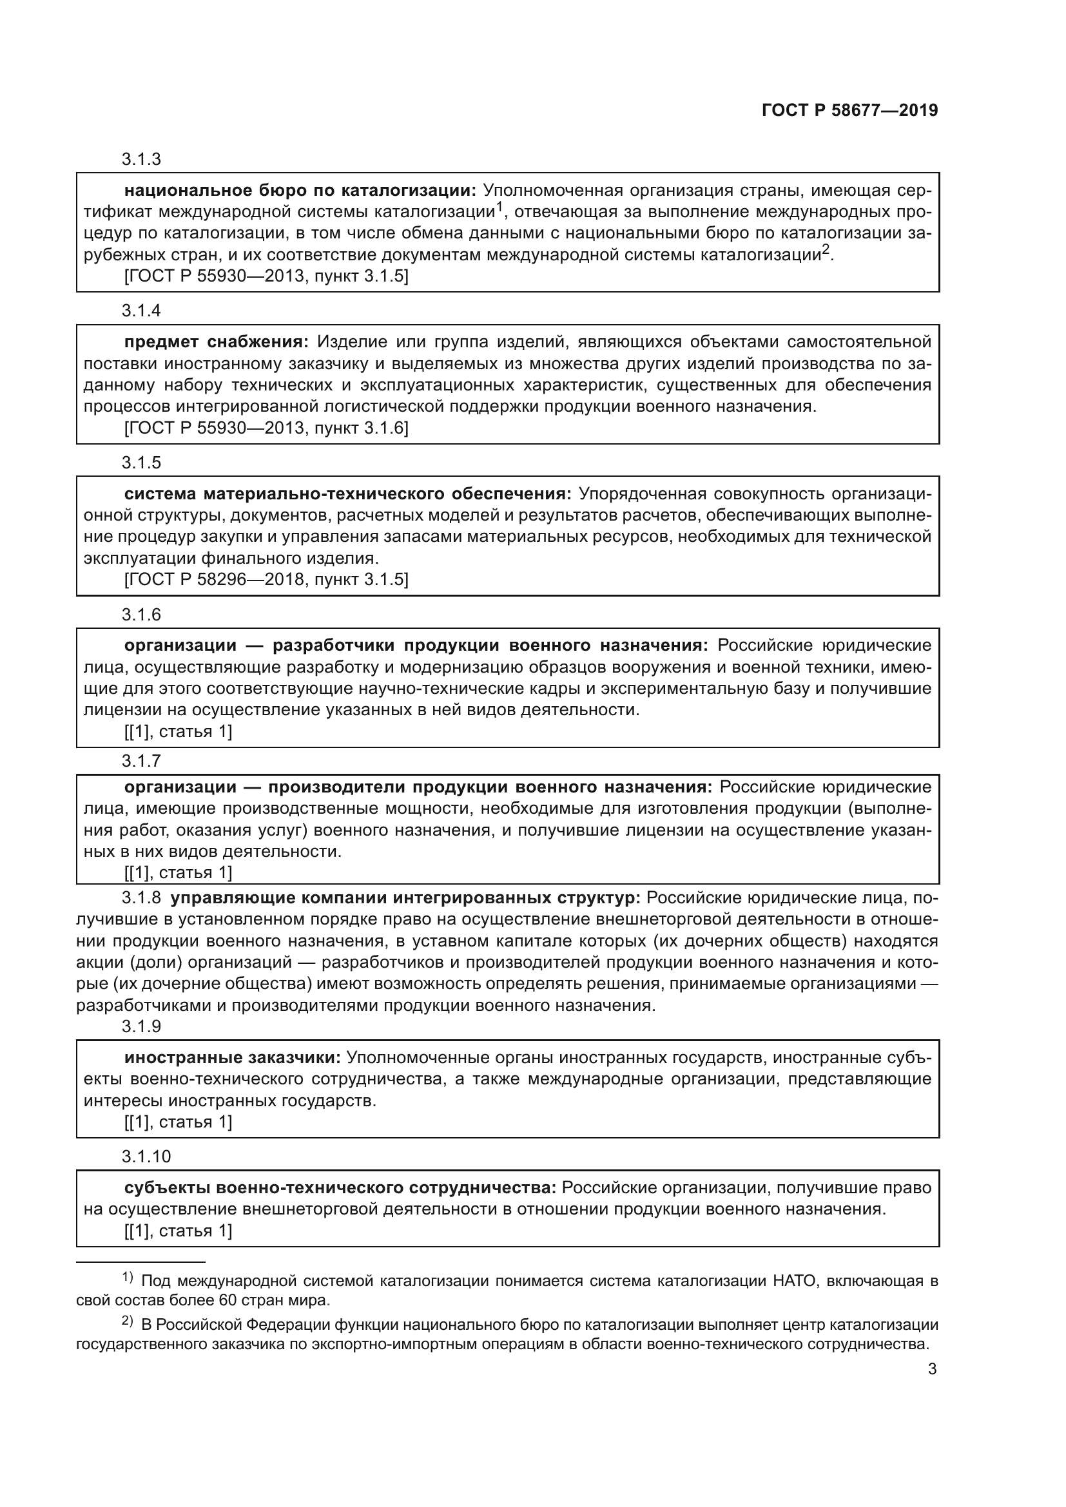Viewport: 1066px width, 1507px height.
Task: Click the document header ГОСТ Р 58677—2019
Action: (849, 110)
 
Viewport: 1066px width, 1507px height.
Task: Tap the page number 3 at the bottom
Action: (932, 1368)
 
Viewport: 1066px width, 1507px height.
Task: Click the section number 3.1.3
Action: (141, 160)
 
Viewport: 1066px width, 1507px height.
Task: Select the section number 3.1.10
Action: (146, 1155)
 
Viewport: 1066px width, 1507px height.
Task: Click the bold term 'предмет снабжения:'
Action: (216, 342)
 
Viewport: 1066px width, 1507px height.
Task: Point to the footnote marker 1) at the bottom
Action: (128, 1277)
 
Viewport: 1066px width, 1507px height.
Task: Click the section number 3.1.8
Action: (141, 898)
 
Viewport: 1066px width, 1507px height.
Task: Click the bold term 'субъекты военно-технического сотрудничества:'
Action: (340, 1187)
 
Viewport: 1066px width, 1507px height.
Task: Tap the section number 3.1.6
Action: (141, 615)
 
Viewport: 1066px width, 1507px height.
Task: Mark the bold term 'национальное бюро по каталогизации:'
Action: (300, 191)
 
